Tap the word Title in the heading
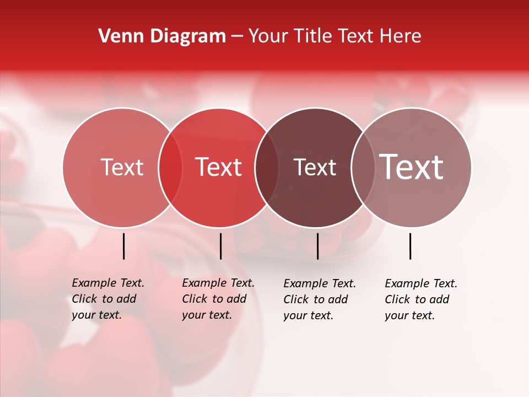click(312, 36)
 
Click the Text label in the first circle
click(122, 167)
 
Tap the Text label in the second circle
click(219, 167)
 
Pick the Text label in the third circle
click(315, 167)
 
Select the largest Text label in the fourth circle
click(412, 167)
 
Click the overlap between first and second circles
click(170, 167)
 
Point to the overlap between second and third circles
click(267, 167)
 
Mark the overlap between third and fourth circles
click(363, 167)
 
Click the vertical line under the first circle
click(123, 246)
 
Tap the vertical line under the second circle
click(220, 246)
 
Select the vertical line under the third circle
click(317, 246)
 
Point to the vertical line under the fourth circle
click(411, 246)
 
